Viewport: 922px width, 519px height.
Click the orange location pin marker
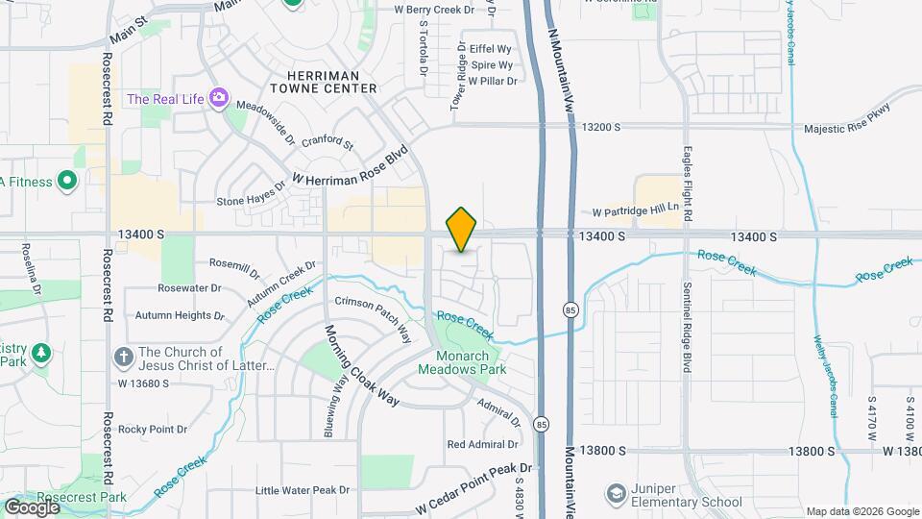tap(462, 230)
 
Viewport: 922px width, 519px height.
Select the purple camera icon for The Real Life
tap(219, 97)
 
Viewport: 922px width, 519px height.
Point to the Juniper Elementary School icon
tap(616, 493)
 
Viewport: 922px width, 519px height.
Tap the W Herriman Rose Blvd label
tap(352, 165)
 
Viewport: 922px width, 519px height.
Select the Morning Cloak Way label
tap(360, 365)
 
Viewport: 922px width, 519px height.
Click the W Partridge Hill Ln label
tap(635, 209)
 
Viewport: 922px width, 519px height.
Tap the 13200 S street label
tap(602, 127)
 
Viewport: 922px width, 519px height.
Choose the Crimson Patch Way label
tap(373, 319)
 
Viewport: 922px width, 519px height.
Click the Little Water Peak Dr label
tap(303, 490)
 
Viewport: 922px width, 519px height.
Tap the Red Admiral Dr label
tap(482, 444)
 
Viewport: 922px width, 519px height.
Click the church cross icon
tap(123, 358)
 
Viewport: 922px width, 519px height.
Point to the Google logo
tap(31, 507)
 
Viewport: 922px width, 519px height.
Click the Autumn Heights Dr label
tap(180, 315)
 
